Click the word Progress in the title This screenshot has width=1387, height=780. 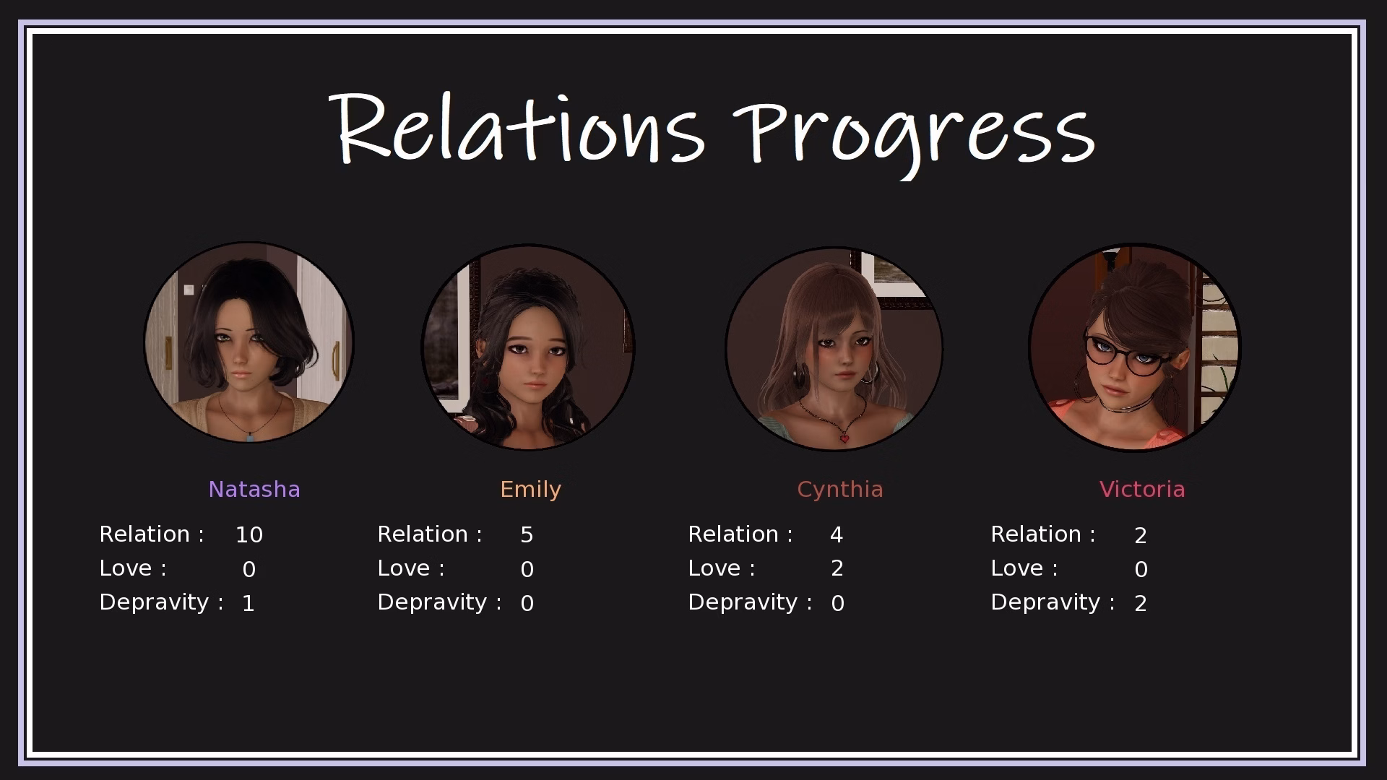pos(916,134)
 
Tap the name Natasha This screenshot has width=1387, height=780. pos(254,489)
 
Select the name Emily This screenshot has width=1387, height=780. pos(530,489)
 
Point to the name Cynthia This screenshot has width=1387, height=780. pos(839,489)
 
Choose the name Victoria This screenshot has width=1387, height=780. pos(1141,489)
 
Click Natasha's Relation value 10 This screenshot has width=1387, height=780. pos(249,534)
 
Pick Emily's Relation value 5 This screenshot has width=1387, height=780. pos(527,534)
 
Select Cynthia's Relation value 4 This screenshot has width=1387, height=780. pos(837,534)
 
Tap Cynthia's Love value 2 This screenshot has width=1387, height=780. pos(837,568)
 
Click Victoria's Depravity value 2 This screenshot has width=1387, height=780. pos(1141,603)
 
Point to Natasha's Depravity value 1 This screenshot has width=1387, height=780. pos(249,603)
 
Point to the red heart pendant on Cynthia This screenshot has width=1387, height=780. pos(844,438)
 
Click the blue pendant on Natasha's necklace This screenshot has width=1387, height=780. pos(250,435)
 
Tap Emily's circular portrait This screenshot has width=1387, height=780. pos(528,347)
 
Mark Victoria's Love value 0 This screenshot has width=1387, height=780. pos(1141,569)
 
